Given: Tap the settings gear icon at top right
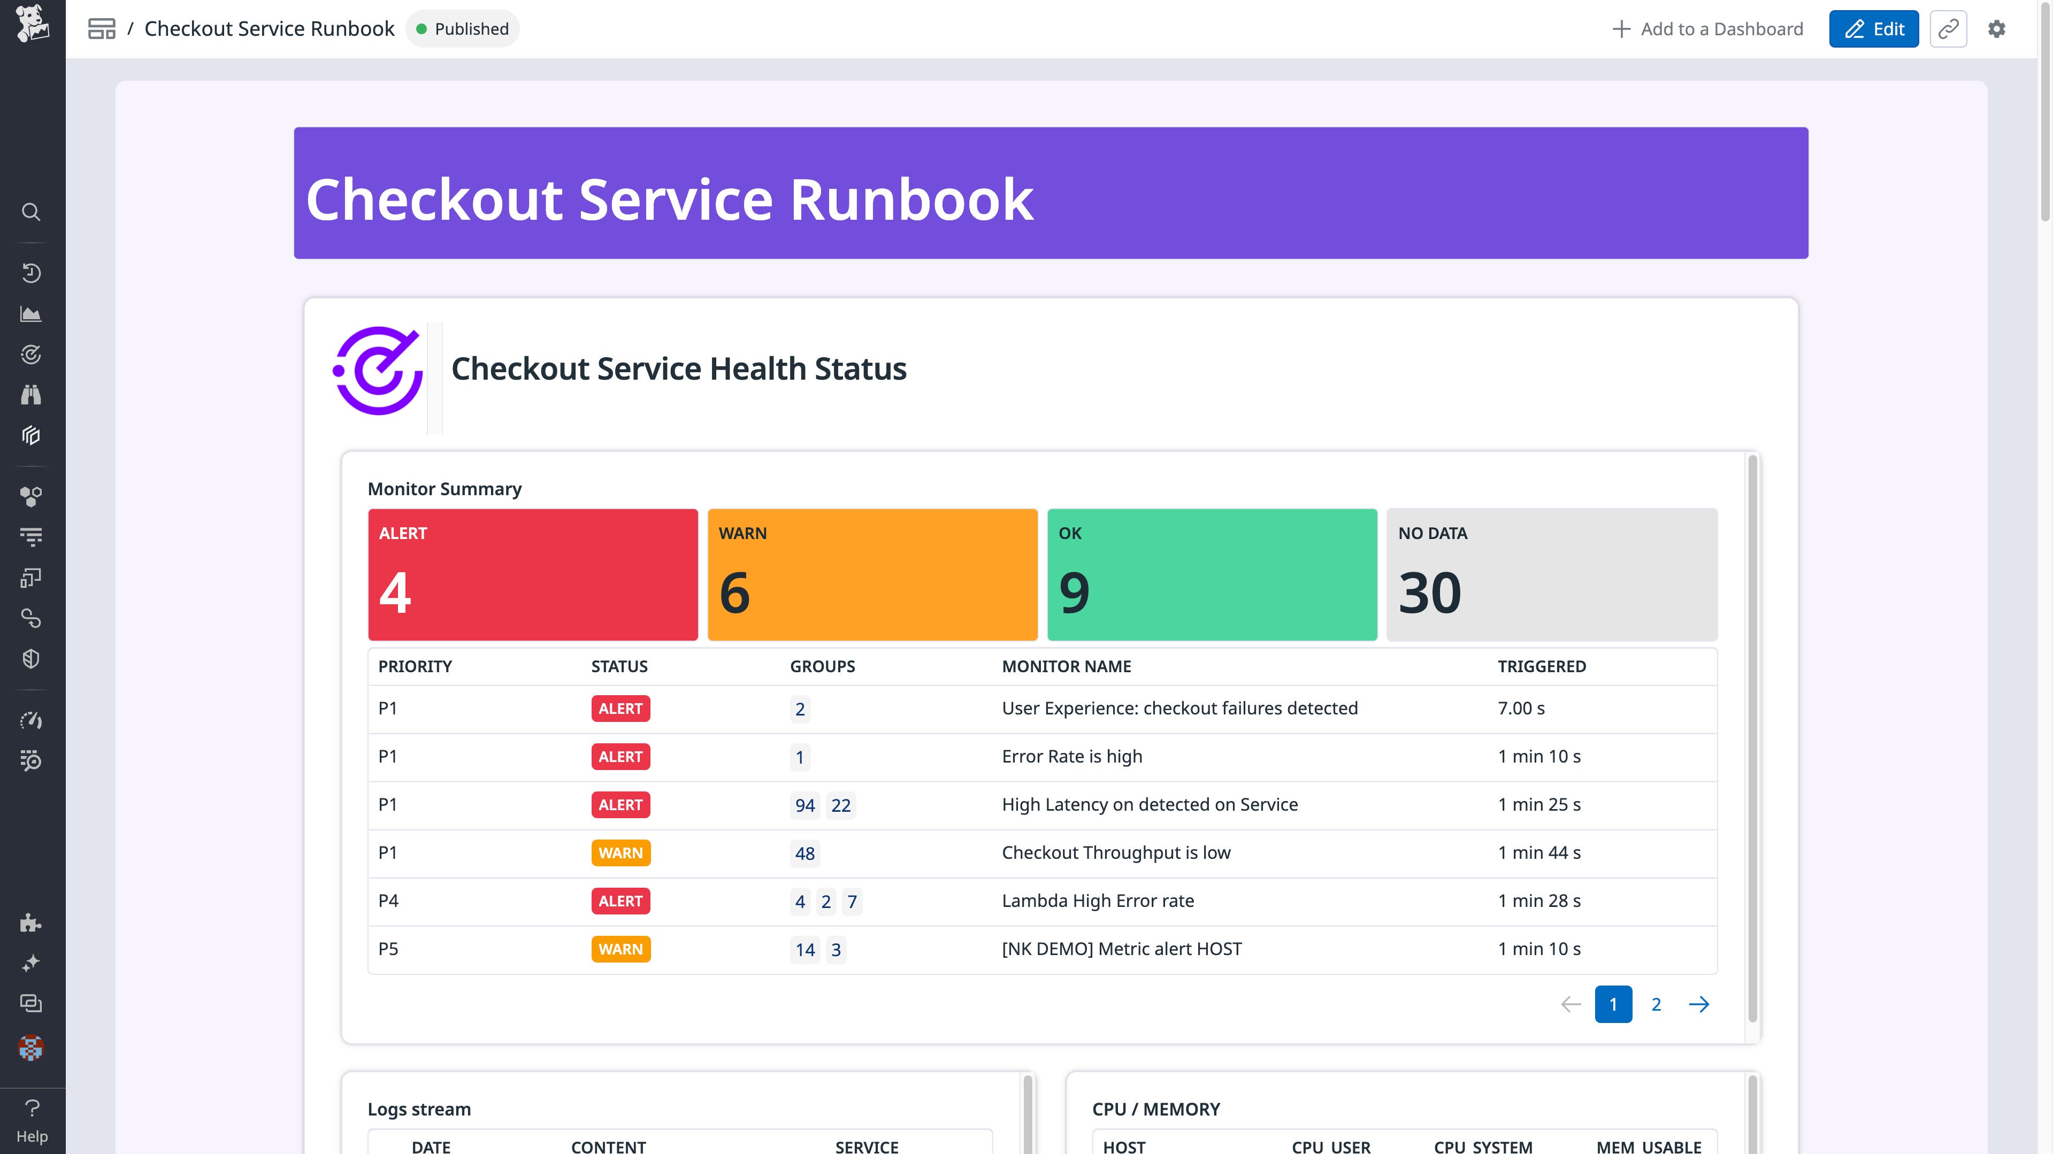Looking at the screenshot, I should click(x=1996, y=29).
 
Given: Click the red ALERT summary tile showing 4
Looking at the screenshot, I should click(x=532, y=574).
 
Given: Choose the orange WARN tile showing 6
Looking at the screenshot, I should click(x=872, y=574).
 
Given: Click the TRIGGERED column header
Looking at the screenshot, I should click(x=1541, y=666).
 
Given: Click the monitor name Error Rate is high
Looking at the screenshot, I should click(x=1071, y=756).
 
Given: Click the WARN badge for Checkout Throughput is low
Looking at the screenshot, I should click(x=620, y=853).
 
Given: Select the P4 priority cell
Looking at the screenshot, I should click(x=388, y=901).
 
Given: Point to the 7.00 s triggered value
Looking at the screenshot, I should click(x=1521, y=709).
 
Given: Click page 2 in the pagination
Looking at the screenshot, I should click(x=1656, y=1004).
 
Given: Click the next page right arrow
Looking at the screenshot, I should click(x=1698, y=1004).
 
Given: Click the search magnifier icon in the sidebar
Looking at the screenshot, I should click(x=31, y=212).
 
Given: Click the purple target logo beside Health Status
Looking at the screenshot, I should click(x=378, y=371).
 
